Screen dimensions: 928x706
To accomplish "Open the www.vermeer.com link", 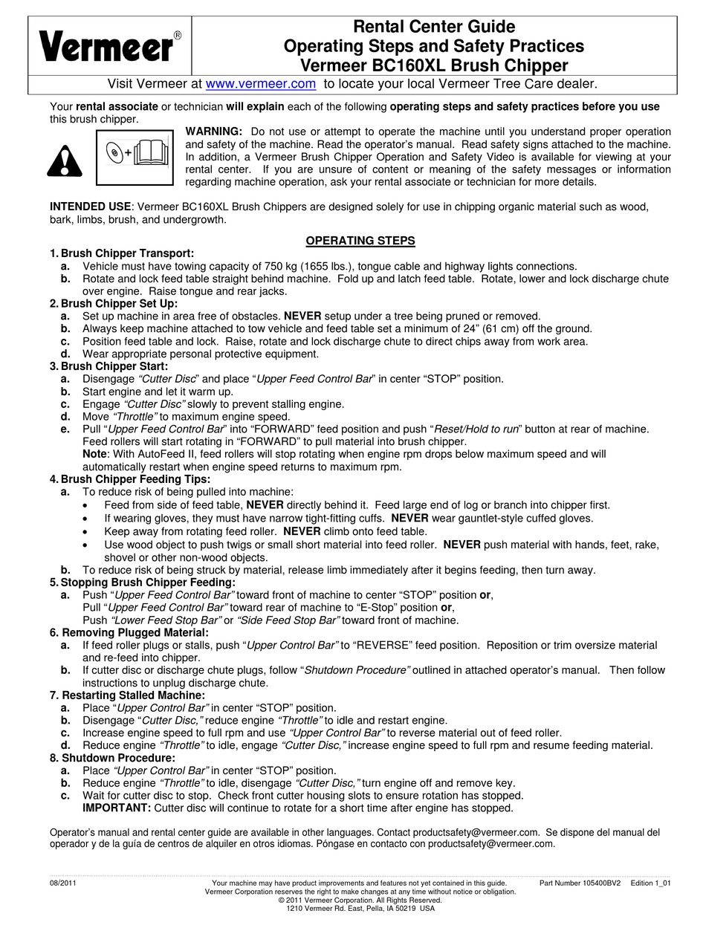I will click(260, 84).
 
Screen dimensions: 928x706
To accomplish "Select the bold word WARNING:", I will click(213, 132).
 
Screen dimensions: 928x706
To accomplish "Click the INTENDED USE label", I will click(90, 207).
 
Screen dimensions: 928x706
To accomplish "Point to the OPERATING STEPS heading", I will click(360, 241).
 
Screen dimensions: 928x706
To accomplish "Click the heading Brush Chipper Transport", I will click(127, 253).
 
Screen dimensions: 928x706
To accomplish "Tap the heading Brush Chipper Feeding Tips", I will click(135, 479).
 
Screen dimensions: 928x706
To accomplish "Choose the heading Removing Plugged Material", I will click(134, 632).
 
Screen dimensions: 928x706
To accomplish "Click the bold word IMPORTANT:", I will click(117, 808).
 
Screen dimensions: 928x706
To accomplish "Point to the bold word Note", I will click(95, 454).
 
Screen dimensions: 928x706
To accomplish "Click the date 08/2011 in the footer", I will click(63, 883).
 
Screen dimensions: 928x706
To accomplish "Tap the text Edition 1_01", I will click(651, 883).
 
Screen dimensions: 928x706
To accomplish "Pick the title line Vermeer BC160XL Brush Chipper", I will click(434, 65).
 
